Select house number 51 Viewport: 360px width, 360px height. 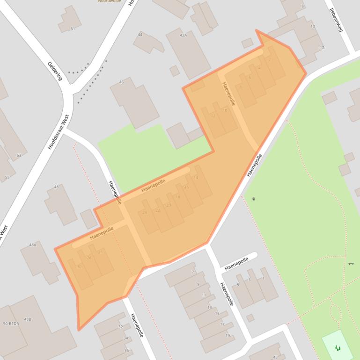pyautogui.click(x=73, y=29)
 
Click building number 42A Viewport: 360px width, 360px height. pyautogui.click(x=183, y=35)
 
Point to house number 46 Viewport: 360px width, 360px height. pyautogui.click(x=122, y=82)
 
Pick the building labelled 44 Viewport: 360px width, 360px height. pyautogui.click(x=140, y=35)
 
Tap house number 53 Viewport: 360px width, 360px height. pyautogui.click(x=19, y=155)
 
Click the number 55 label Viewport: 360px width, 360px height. pyautogui.click(x=7, y=177)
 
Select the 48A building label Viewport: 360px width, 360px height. pyautogui.click(x=32, y=245)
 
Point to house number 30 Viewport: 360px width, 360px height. pyautogui.click(x=79, y=266)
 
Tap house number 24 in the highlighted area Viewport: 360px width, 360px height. pyautogui.click(x=145, y=212)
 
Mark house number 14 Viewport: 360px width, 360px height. pyautogui.click(x=196, y=178)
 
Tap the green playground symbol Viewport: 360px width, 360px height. pyautogui.click(x=338, y=347)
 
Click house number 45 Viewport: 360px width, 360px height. pyautogui.click(x=275, y=357)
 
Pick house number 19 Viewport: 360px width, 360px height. pyautogui.click(x=228, y=335)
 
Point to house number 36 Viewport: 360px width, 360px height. pyautogui.click(x=126, y=350)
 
